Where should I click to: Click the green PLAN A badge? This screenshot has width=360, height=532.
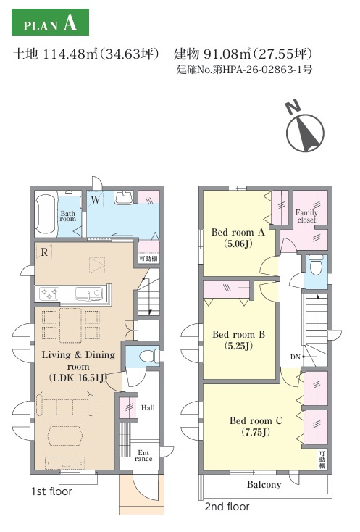[50, 22]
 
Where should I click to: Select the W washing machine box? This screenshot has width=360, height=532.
[96, 199]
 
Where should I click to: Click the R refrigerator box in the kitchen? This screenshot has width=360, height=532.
[44, 252]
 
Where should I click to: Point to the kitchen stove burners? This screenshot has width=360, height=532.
[49, 293]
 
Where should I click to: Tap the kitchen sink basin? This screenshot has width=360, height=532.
[88, 294]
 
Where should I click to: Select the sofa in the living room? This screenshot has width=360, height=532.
[64, 403]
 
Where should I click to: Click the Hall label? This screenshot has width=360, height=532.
[148, 407]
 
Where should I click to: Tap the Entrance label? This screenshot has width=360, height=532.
[143, 456]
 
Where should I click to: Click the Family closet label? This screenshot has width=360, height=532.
[306, 216]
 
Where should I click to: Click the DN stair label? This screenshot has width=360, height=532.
[296, 357]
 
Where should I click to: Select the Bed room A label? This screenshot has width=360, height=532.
[238, 232]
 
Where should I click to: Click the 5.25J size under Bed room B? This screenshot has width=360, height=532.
[238, 346]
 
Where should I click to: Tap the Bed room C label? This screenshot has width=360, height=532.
[256, 420]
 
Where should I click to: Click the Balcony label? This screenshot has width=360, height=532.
[264, 484]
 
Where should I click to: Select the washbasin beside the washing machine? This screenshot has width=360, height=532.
[124, 198]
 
